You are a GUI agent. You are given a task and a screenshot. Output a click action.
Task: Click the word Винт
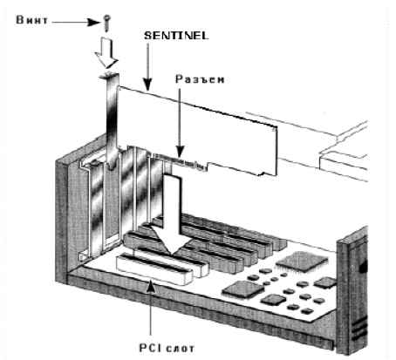click(32, 20)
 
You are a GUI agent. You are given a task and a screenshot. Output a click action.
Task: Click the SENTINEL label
click(176, 36)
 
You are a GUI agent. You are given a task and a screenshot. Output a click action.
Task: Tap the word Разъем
click(200, 79)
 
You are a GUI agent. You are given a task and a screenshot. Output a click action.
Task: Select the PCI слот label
click(167, 348)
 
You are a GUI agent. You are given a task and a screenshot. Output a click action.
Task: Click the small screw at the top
click(107, 23)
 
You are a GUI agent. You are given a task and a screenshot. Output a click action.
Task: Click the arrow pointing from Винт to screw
click(76, 22)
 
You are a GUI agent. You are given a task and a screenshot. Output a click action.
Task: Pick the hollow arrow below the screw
click(106, 51)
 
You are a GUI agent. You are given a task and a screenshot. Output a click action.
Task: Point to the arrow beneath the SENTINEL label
click(148, 67)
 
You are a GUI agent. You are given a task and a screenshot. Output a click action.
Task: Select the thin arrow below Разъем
click(181, 123)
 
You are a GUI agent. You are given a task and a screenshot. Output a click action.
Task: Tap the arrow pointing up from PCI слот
click(150, 309)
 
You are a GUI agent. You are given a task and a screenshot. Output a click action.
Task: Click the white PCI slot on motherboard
click(154, 268)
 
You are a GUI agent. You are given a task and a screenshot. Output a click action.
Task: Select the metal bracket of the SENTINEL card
click(112, 122)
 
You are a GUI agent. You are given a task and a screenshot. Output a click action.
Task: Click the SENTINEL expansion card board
click(198, 131)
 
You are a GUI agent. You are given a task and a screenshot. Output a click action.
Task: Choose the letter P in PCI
click(143, 348)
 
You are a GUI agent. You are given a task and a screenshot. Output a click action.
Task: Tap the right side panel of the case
click(352, 290)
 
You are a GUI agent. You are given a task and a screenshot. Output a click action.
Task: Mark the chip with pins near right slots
click(243, 289)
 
